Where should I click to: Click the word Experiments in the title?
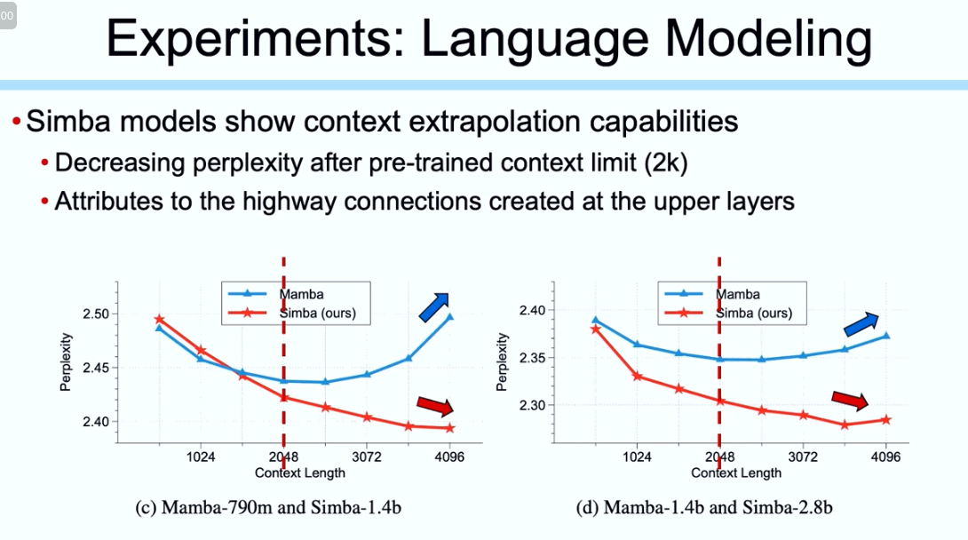[251, 41]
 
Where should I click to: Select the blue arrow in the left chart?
[434, 306]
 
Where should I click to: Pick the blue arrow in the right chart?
[861, 324]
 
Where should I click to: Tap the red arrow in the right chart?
[850, 401]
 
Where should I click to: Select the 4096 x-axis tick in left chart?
[449, 457]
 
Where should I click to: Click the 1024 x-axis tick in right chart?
[637, 457]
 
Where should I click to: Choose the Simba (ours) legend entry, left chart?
[317, 314]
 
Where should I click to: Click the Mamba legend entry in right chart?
[737, 294]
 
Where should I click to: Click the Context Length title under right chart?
[736, 473]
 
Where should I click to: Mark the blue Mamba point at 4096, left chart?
[449, 316]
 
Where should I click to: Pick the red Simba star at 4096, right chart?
[885, 419]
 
